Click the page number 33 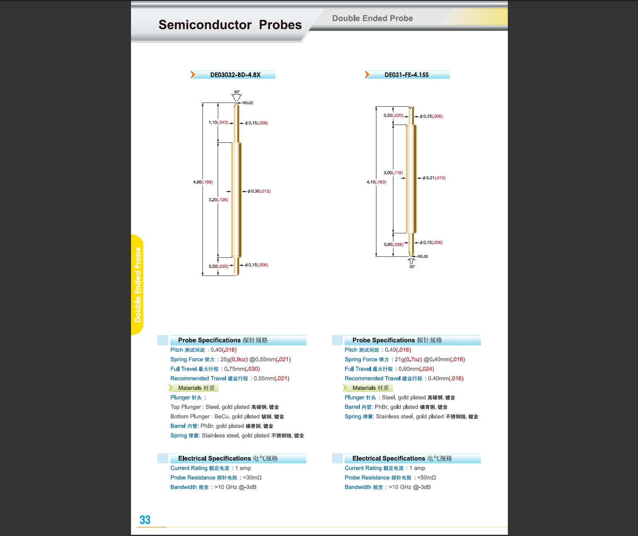click(145, 520)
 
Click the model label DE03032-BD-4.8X click(235, 75)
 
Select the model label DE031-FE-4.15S click(406, 75)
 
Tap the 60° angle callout click(237, 92)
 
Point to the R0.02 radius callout click(248, 103)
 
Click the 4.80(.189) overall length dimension click(203, 182)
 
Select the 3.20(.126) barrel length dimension click(218, 200)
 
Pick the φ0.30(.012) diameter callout click(259, 191)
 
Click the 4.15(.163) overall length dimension click(376, 182)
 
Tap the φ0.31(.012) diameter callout click(434, 178)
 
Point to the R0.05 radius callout click(422, 257)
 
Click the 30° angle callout click(412, 267)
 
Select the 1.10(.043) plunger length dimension click(218, 122)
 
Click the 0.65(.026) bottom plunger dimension click(393, 245)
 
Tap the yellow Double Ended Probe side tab click(138, 285)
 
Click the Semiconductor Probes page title click(230, 25)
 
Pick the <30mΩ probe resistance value click(252, 478)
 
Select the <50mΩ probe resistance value click(426, 478)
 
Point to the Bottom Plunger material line click(227, 416)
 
